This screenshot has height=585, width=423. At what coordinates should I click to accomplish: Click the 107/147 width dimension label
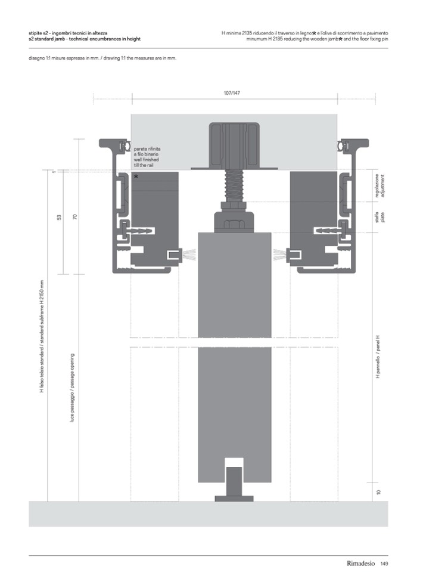pos(232,93)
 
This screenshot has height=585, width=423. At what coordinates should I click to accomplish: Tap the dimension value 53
pos(59,217)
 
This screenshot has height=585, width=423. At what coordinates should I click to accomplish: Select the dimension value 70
pos(75,216)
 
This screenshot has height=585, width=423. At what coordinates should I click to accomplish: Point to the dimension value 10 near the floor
pos(379,492)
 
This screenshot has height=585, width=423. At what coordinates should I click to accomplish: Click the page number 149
pos(384,564)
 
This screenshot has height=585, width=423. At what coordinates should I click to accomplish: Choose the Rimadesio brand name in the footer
pos(360,564)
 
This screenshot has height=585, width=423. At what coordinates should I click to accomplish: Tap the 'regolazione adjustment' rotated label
pos(380,186)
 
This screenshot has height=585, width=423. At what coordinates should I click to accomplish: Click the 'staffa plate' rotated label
pos(380,217)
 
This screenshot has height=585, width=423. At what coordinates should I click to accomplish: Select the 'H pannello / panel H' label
pos(378,357)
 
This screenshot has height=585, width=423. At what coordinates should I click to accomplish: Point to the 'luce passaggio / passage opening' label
pos(72,388)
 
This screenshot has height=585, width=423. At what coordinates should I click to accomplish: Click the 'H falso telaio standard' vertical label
pos(42,336)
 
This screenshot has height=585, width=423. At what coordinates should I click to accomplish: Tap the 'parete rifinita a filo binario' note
pos(147,157)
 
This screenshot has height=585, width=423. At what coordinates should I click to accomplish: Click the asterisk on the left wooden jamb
pos(136,177)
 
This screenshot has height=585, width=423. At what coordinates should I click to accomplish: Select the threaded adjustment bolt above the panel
pos(234,185)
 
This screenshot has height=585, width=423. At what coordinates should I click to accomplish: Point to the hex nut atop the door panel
pos(234,224)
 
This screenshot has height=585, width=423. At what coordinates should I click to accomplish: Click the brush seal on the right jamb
pos(279,255)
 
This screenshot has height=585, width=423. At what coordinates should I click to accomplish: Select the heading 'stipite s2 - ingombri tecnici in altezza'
pos(68,33)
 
